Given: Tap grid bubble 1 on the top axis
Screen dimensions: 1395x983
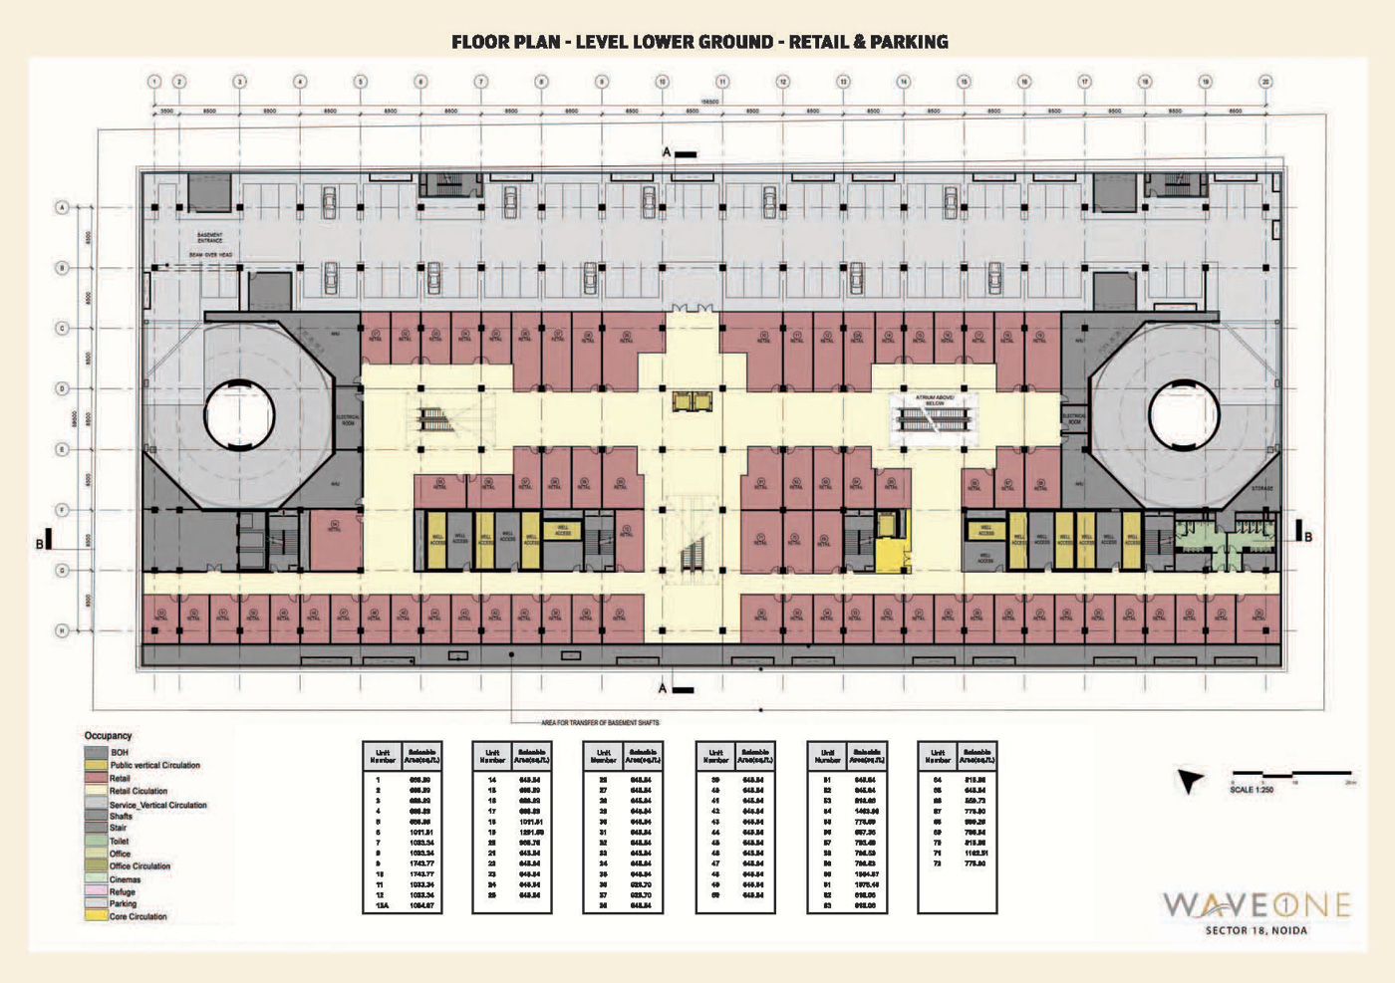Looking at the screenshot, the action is [154, 82].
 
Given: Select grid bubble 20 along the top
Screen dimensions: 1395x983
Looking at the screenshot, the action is [1265, 82].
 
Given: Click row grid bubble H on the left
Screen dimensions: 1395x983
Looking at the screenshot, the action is [62, 630].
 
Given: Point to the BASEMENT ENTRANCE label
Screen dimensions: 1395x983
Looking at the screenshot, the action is [210, 238].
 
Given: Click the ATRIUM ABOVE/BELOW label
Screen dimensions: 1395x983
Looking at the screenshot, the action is [934, 400].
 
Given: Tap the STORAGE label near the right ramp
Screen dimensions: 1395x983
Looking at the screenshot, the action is [1261, 488].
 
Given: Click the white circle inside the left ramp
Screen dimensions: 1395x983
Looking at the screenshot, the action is [239, 416].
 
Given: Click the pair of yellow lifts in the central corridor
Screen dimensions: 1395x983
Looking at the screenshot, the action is [693, 401].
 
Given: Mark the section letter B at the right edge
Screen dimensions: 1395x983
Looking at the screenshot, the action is [1308, 537].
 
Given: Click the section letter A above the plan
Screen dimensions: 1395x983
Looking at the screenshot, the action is [667, 152].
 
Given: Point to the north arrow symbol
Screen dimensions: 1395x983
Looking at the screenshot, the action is [1189, 781].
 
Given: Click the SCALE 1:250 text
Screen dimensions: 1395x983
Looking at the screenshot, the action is [1252, 790].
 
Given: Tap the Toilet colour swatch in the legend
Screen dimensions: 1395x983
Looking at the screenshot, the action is [97, 842].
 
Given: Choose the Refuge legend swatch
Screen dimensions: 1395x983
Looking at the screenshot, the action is [97, 892].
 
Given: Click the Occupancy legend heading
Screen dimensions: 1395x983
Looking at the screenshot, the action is [108, 736].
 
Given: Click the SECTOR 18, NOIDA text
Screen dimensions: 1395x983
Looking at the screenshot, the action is [1256, 931].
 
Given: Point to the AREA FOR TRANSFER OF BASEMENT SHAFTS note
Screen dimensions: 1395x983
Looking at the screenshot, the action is [600, 722].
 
